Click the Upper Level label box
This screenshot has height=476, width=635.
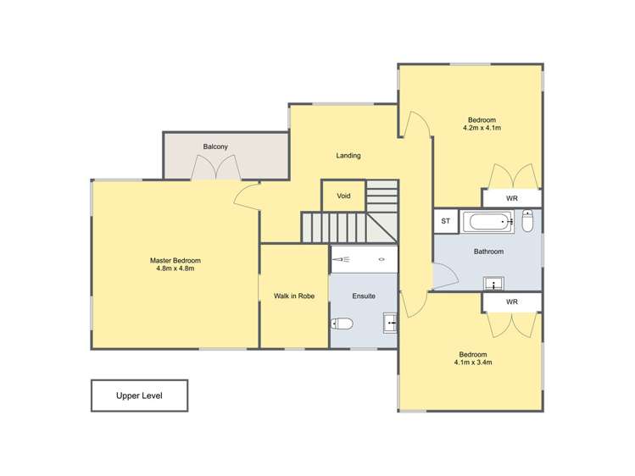tap(139, 396)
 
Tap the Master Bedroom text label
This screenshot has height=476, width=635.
tap(175, 260)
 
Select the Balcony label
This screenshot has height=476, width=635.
tap(215, 147)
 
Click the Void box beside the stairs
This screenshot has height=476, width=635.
tap(343, 196)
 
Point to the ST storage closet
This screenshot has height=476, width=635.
tap(445, 222)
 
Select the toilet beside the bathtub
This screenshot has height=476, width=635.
tap(527, 222)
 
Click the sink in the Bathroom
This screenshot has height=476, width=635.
tap(492, 282)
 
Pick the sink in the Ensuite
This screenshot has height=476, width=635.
tap(390, 322)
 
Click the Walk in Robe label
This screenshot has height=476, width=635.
tap(293, 296)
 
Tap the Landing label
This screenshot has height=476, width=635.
tap(348, 155)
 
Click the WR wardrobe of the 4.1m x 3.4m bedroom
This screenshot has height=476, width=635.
tap(511, 302)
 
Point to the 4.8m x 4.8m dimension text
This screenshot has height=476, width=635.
tap(175, 268)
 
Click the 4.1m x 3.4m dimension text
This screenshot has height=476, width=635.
tap(473, 363)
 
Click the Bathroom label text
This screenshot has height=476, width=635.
tap(488, 252)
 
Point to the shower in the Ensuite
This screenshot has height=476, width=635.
tap(363, 259)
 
